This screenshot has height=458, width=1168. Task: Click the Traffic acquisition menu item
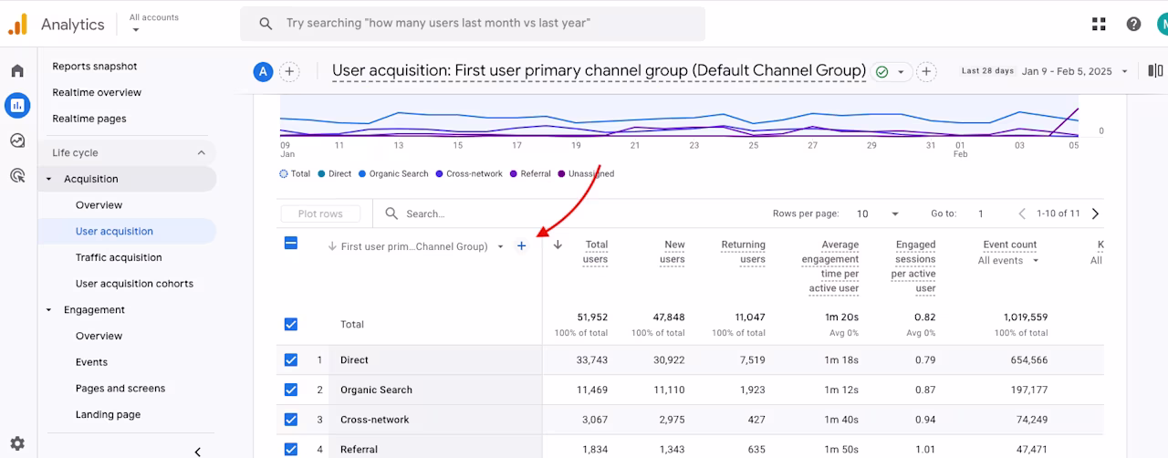119,257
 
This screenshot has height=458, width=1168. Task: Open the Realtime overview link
97,92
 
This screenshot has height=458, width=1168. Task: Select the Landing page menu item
108,414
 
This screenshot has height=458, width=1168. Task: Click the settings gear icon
17,443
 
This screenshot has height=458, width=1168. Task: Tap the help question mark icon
1133,24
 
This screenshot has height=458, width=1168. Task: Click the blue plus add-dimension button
521,245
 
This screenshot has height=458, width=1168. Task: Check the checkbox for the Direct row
291,360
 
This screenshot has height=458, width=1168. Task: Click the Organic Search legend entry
393,173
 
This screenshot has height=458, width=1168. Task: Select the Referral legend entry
530,173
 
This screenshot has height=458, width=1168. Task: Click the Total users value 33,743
592,360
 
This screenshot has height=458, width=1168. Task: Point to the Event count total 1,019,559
1026,317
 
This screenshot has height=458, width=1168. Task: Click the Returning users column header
743,252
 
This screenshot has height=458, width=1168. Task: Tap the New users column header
673,252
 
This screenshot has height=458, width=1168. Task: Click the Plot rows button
320,213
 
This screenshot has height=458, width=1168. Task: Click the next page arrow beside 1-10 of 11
1095,213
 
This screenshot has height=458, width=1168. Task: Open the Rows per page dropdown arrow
895,213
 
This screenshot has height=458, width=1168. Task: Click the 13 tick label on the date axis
399,146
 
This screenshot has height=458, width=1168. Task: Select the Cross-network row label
374,420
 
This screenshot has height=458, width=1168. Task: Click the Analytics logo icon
17,24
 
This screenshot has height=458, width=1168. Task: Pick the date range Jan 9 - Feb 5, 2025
1067,71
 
